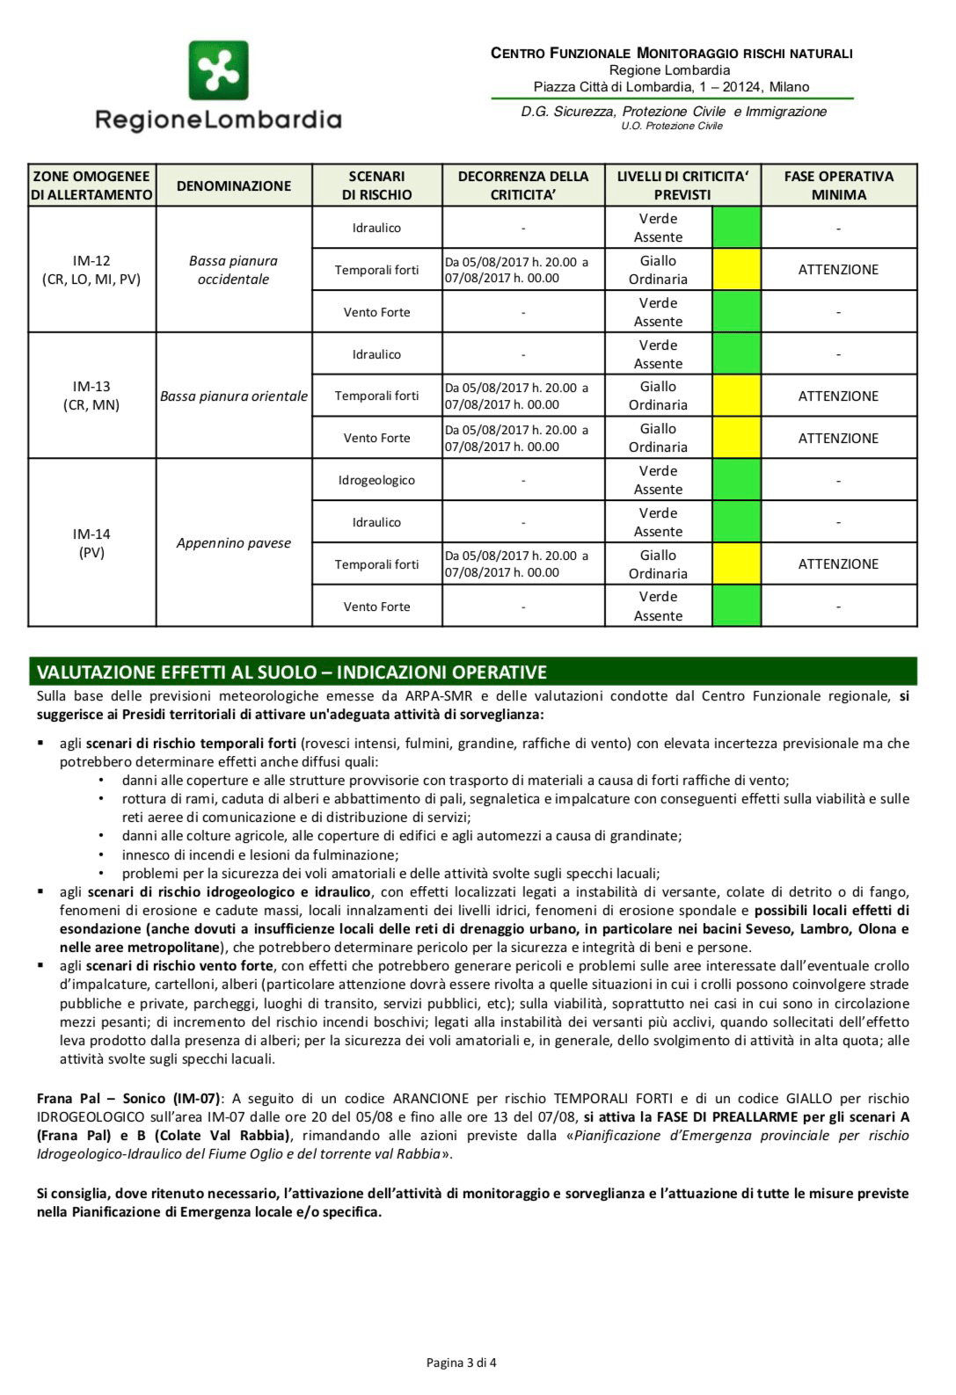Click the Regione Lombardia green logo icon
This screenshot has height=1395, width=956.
tap(218, 69)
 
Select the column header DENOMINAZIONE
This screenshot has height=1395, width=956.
tap(233, 185)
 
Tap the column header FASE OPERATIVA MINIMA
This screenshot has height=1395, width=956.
tap(838, 185)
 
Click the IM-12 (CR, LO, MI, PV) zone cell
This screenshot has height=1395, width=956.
tap(91, 270)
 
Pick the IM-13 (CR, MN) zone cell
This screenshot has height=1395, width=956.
tap(91, 396)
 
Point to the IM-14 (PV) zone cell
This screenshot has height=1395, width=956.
tap(91, 543)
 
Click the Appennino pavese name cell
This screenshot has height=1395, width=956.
tap(233, 543)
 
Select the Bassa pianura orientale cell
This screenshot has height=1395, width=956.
tap(233, 396)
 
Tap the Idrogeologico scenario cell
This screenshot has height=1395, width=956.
tap(376, 481)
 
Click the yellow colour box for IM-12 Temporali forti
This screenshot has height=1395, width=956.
tap(736, 270)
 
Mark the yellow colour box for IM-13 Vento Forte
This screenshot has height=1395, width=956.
tap(736, 438)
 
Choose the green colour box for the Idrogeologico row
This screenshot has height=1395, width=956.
tap(736, 481)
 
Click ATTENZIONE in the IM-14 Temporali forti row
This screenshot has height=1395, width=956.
tap(838, 564)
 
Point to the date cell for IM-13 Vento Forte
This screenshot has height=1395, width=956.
tap(522, 438)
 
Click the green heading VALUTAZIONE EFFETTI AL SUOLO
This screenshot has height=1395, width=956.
tap(291, 672)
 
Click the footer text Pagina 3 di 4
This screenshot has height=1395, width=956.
tap(461, 1363)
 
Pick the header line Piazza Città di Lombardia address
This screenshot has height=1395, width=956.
tap(671, 87)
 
